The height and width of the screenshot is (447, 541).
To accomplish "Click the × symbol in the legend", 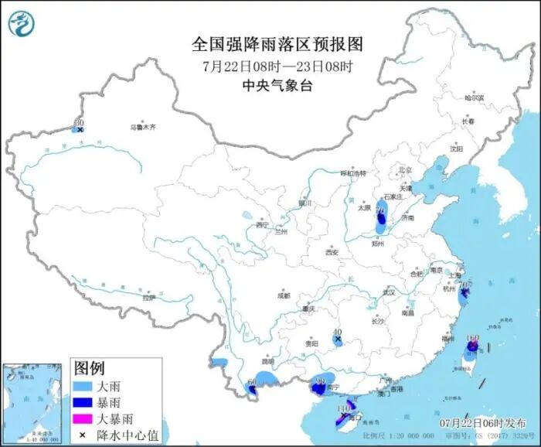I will point(81,435).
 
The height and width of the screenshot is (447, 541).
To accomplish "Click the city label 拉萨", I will point(149,297).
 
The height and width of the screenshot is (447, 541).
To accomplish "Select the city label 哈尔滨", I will point(474,98).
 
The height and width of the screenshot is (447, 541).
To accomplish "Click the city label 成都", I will point(284,295).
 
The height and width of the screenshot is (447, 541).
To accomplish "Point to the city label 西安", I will point(332,252).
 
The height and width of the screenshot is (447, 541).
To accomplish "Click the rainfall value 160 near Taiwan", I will point(473,338).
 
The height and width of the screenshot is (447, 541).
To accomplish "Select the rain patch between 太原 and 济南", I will point(381,224).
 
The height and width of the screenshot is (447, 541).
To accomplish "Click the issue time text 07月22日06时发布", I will point(481,423).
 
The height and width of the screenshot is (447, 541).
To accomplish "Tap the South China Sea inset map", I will point(32,401).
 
